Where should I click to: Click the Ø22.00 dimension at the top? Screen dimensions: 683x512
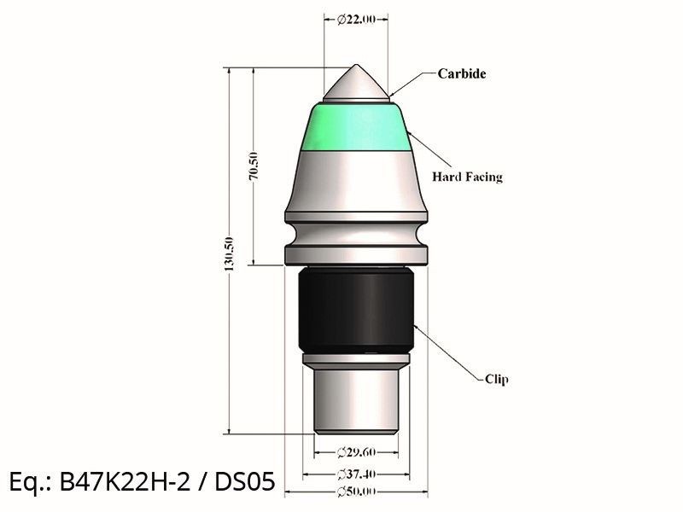point(356,19)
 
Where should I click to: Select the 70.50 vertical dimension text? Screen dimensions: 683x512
point(254,166)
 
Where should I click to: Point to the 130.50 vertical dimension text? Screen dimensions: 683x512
point(229,253)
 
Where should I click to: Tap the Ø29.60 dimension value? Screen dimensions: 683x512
point(356,452)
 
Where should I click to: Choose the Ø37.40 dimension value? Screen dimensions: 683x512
point(356,474)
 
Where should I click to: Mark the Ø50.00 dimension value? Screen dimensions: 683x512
point(356,492)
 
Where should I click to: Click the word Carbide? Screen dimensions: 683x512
point(462,73)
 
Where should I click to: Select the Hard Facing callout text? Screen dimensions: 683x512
point(467,177)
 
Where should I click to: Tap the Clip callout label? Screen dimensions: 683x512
point(497,379)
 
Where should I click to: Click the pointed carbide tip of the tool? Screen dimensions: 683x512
point(356,66)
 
